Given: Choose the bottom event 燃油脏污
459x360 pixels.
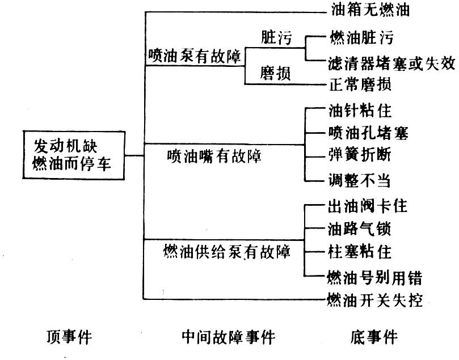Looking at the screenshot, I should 360,38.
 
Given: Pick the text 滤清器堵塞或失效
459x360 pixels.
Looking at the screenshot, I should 391,62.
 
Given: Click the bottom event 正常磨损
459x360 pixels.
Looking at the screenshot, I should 360,84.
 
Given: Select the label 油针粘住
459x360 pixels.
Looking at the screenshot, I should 360,109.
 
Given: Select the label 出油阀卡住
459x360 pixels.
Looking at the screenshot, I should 368,206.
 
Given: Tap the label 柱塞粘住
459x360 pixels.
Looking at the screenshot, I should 360,251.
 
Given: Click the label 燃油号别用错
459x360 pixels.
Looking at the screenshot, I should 374,277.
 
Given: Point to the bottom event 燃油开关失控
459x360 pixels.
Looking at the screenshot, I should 374,300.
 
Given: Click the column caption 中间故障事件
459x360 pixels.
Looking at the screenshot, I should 228,338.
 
